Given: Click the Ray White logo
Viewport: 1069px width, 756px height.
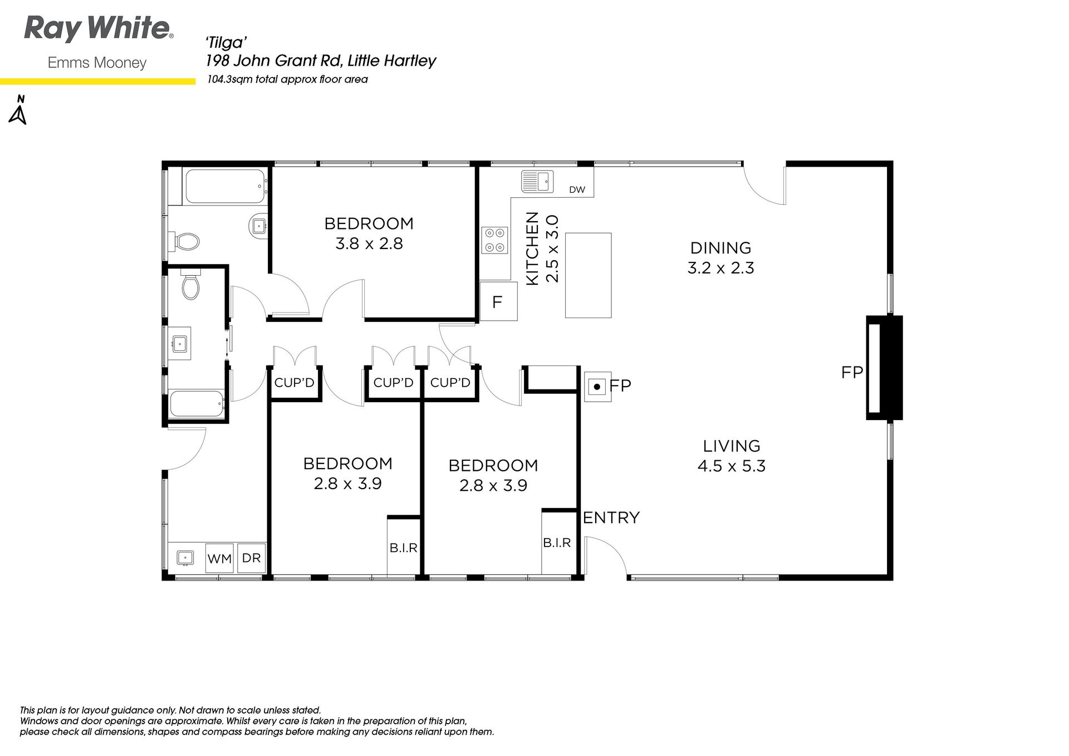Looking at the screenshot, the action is (x=99, y=30).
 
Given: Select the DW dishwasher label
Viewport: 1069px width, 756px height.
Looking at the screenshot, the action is (x=577, y=189).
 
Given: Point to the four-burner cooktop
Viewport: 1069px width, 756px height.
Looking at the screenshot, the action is (x=495, y=240).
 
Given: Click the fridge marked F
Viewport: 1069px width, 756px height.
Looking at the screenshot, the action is (x=498, y=301).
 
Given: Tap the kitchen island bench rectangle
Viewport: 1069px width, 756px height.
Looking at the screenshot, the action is (x=588, y=275).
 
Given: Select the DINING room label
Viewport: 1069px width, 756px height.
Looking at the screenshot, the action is (x=720, y=248).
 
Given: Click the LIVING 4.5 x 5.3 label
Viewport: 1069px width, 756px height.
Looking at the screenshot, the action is (x=732, y=456).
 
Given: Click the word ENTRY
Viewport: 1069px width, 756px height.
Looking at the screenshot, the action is (x=611, y=518).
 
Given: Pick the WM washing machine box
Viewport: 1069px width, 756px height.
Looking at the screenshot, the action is (x=219, y=558).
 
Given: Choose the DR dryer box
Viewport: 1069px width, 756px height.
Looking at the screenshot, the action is (x=252, y=558).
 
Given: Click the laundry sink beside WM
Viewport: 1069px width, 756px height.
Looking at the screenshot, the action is (x=185, y=557).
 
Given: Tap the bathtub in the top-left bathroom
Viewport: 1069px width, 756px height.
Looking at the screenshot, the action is (x=224, y=186).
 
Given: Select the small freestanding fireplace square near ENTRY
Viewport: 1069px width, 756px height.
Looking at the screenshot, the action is (x=597, y=387).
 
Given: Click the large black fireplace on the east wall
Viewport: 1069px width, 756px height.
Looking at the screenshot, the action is (x=884, y=368).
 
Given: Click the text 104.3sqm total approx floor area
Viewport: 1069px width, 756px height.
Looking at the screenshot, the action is (x=287, y=80).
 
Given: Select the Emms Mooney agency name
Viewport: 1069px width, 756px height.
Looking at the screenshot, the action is (x=97, y=63).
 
